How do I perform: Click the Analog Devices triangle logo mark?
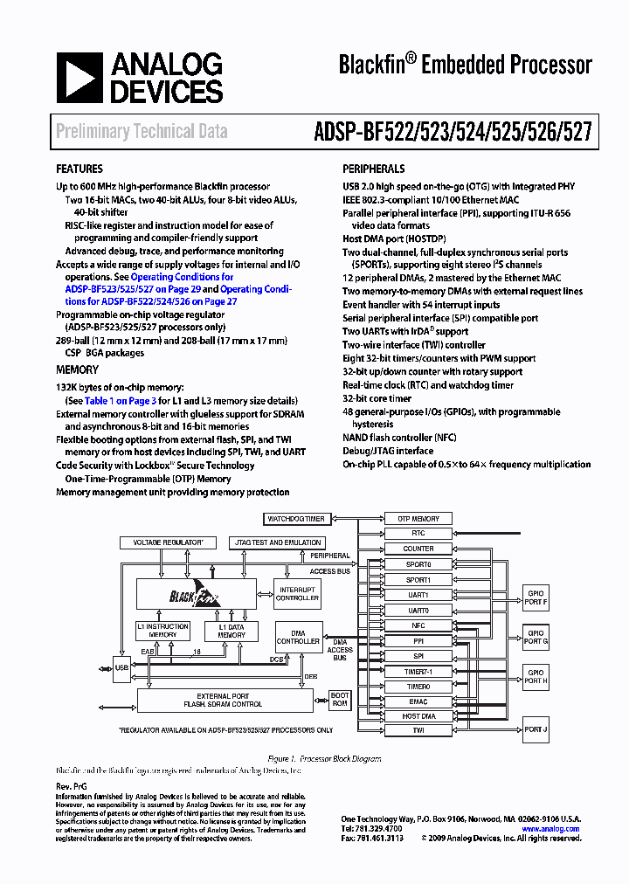click(x=80, y=78)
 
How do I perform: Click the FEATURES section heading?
click(x=79, y=169)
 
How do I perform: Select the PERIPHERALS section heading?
click(x=373, y=169)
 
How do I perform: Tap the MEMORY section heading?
click(x=77, y=369)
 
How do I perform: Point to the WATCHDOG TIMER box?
click(x=296, y=519)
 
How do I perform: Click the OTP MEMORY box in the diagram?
click(x=418, y=519)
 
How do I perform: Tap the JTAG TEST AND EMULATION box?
click(x=277, y=542)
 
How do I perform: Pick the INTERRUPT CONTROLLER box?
click(x=298, y=594)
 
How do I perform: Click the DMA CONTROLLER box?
click(x=298, y=637)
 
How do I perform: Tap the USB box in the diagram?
click(x=121, y=668)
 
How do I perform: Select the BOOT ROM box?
click(x=340, y=700)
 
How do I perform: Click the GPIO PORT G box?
click(x=535, y=638)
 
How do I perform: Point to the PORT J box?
click(x=535, y=729)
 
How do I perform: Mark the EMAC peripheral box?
click(x=418, y=701)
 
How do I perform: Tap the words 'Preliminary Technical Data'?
click(x=142, y=132)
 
